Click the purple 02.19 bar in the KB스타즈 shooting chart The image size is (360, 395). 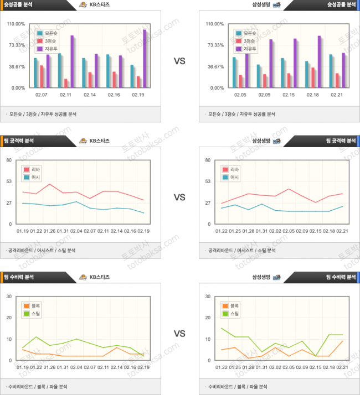[x=145, y=58]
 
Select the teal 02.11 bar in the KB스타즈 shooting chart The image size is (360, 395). [x=59, y=70]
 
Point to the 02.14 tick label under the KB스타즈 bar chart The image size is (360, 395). [x=90, y=95]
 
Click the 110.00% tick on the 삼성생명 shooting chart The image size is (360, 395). [x=214, y=24]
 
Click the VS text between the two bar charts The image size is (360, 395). [x=179, y=61]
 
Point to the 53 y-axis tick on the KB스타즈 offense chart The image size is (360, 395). [x=9, y=181]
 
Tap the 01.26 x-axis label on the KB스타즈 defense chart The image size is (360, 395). [x=50, y=367]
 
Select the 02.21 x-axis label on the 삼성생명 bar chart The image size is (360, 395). [x=337, y=95]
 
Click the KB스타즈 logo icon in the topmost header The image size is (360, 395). [x=83, y=4]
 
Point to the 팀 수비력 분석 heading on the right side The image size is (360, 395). [x=340, y=277]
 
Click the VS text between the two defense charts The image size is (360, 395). [x=179, y=334]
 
